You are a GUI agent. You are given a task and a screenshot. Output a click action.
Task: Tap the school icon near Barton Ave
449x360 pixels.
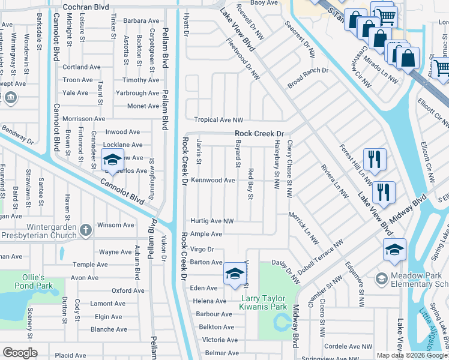click(x=234, y=274)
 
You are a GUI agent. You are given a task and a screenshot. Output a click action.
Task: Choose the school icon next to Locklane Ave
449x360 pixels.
click(x=111, y=160)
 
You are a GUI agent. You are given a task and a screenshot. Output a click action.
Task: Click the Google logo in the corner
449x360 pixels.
click(x=20, y=352)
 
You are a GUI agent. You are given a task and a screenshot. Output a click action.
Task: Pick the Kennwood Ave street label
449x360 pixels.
click(x=212, y=180)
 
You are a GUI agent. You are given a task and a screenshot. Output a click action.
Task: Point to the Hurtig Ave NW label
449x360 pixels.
click(x=212, y=221)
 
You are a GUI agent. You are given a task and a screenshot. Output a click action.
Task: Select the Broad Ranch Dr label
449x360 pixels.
click(x=307, y=79)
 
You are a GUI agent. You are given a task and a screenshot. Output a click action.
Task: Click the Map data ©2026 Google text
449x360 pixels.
click(x=412, y=355)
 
